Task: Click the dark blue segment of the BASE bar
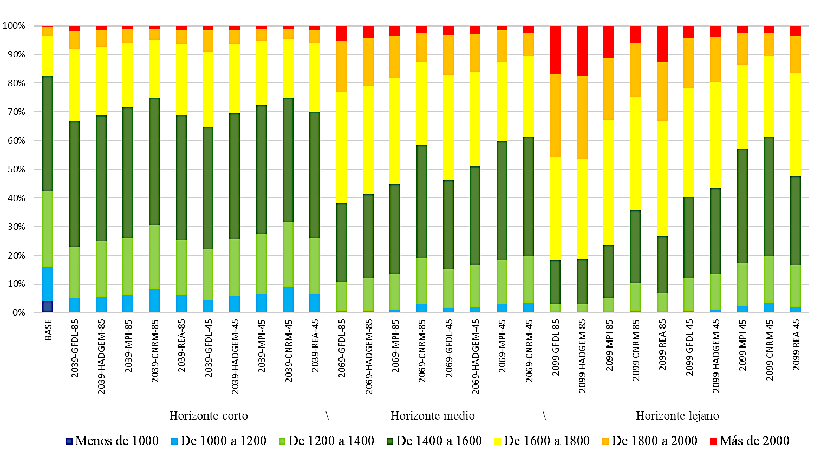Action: (48, 307)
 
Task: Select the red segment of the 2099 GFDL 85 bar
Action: (555, 49)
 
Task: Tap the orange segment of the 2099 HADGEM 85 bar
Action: (582, 118)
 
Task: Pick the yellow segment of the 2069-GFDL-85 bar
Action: (342, 147)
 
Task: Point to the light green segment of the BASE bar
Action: (48, 229)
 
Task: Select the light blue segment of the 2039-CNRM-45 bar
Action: (288, 300)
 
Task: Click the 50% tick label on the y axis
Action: (14, 169)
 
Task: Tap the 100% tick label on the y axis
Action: (14, 25)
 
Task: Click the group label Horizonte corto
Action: (209, 416)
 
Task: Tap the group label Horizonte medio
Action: (432, 416)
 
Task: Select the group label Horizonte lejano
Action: (677, 416)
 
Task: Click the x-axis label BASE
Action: (48, 330)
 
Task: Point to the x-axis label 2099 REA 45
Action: (796, 345)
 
